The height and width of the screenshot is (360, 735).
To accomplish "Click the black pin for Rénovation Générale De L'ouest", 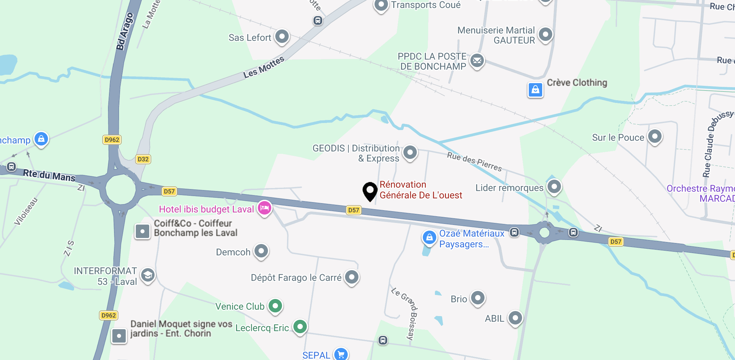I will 370,191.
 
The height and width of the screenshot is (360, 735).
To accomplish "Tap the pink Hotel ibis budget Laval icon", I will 265,208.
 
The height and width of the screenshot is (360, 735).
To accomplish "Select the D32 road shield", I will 143,159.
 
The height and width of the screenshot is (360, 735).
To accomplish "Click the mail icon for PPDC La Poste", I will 477,61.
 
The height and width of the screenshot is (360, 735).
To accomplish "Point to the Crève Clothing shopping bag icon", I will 535,89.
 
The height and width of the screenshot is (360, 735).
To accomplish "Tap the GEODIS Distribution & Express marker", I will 410,153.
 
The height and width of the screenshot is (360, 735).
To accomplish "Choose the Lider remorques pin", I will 554,186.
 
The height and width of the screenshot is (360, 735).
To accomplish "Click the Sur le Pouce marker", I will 655,136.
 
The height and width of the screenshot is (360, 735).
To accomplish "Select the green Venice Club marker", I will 275,306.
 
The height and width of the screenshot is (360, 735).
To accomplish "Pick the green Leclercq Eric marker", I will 300,326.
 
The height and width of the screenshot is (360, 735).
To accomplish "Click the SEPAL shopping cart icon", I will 341,354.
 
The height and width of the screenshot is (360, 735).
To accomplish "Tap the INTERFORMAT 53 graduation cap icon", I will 148,275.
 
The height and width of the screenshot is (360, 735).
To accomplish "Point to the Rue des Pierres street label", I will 474,161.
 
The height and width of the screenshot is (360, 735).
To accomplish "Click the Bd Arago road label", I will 125,32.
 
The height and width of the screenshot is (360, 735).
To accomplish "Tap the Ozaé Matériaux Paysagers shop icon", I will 429,238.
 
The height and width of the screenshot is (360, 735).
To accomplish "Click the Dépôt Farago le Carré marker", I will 352,277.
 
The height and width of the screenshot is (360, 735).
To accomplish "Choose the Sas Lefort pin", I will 282,36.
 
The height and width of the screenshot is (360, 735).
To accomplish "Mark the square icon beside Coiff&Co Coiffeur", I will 143,231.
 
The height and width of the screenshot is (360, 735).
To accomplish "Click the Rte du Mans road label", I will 49,175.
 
